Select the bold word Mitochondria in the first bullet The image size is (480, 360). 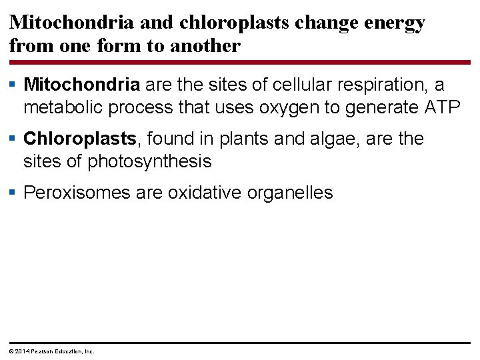pos(81,85)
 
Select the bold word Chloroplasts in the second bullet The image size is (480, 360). pos(80,139)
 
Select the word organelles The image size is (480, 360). pos(290,193)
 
